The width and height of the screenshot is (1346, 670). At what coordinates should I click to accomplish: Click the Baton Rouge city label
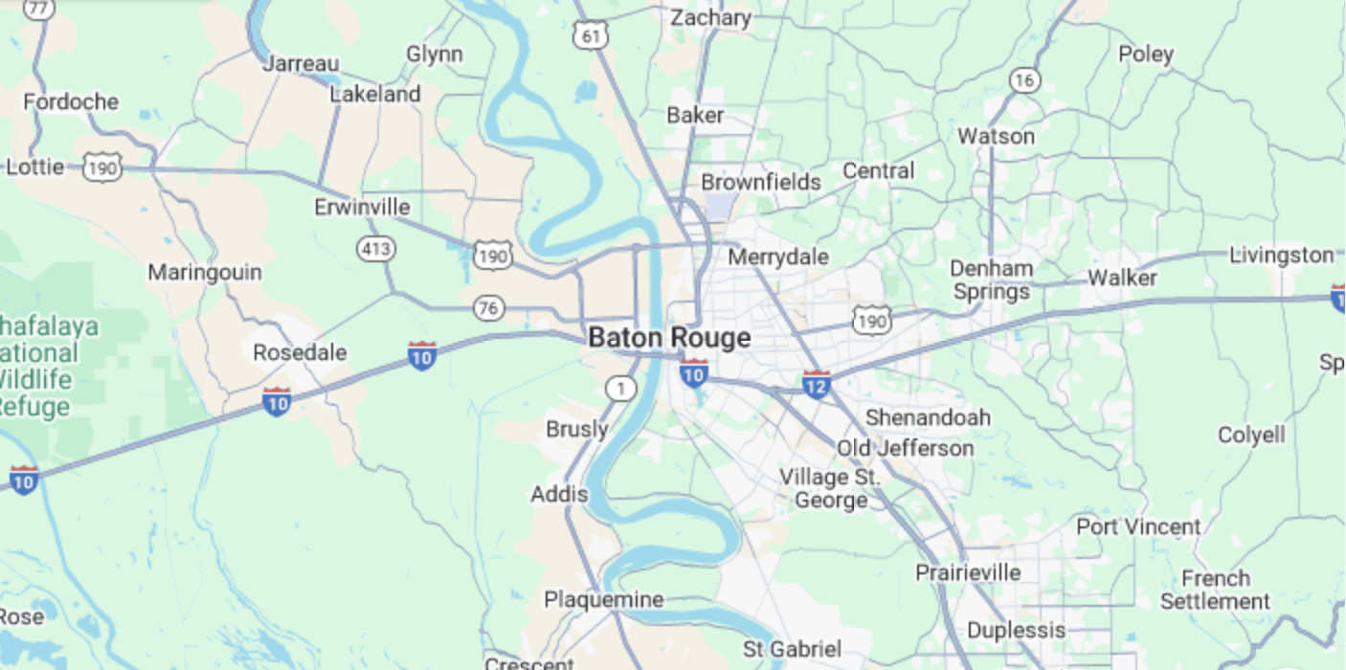tap(669, 338)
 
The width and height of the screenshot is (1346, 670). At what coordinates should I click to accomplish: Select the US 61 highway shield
tap(590, 36)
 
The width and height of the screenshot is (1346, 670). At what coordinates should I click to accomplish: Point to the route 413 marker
tap(375, 250)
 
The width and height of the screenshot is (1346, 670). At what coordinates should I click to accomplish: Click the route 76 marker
tap(488, 308)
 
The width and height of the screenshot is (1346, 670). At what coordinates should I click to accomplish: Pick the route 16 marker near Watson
tap(1024, 80)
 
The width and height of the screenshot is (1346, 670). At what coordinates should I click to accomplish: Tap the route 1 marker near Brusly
tap(621, 389)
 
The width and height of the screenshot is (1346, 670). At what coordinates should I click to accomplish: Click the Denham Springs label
tap(992, 279)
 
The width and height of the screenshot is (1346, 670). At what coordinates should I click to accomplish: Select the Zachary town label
tap(710, 18)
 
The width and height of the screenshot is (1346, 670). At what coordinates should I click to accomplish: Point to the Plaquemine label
tap(603, 600)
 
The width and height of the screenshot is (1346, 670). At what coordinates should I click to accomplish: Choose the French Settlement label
tap(1215, 591)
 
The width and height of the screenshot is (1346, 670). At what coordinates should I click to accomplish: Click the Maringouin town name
tap(204, 273)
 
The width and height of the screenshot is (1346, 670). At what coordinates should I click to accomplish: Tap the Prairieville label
tap(968, 573)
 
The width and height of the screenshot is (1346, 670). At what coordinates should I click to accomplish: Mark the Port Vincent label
tap(1138, 527)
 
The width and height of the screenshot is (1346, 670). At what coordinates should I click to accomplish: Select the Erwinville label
tap(362, 208)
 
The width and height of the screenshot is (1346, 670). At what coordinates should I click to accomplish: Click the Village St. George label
tap(829, 488)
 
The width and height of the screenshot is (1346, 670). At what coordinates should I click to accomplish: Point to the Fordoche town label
tap(71, 101)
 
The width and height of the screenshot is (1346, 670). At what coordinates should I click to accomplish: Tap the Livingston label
tap(1281, 256)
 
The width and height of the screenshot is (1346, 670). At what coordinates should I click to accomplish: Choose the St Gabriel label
tap(792, 649)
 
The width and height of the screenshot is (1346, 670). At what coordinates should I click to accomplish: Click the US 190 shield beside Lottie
tap(101, 168)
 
